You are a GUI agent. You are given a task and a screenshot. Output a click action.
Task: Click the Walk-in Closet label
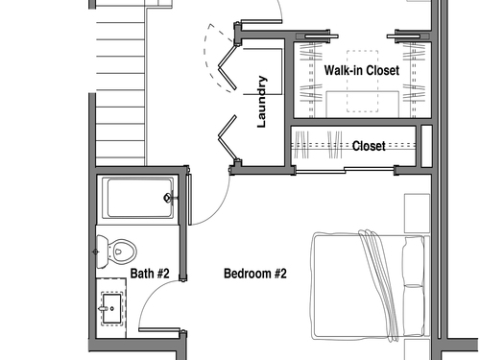[362, 70]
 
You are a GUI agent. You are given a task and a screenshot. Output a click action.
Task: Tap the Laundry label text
[262, 102]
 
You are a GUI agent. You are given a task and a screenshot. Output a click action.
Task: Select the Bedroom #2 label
[255, 274]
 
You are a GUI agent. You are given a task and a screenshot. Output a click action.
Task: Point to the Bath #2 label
[150, 274]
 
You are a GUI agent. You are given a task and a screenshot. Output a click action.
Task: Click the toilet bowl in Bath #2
[122, 252]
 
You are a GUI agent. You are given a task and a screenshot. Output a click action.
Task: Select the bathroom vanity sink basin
[111, 309]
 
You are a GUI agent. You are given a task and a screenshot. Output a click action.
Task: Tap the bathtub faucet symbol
[168, 198]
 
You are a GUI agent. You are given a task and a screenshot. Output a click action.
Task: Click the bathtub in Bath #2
[138, 198]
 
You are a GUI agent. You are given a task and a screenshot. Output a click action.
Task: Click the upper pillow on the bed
[414, 261]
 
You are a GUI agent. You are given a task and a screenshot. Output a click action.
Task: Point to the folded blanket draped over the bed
[378, 285]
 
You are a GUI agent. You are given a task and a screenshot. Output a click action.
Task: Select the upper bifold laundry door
[228, 67]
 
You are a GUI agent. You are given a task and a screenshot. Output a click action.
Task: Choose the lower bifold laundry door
[228, 138]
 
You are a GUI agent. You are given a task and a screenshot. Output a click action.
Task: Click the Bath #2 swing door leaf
[159, 329]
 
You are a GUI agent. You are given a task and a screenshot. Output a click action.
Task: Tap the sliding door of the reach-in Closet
[345, 171]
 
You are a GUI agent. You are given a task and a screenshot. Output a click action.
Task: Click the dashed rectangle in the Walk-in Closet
[363, 81]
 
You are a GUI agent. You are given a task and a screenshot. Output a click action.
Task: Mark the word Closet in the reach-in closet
[369, 146]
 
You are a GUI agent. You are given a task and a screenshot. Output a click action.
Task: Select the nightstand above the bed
[417, 213]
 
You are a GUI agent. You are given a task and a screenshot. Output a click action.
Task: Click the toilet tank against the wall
[102, 252]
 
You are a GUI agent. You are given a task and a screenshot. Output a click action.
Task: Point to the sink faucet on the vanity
[104, 309]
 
